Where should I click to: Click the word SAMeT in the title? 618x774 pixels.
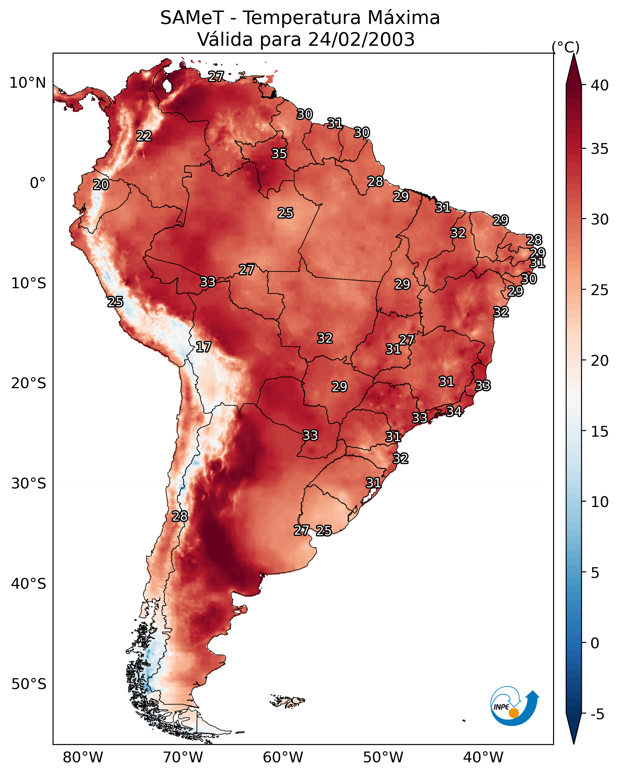192,18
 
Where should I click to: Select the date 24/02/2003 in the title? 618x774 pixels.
361,40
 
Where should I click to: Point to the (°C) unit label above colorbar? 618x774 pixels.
566,47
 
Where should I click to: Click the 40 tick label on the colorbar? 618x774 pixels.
600,85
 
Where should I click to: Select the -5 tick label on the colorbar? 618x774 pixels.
597,714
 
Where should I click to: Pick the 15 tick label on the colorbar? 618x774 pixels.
600,432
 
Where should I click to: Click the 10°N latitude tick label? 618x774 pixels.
28,83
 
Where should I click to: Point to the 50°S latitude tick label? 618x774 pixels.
29,684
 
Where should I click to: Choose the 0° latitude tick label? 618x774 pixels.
38,183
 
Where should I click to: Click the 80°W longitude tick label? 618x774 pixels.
83,758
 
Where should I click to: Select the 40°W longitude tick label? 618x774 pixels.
483,758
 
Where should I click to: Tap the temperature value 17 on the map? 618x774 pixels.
204,347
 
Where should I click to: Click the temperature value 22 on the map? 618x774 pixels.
144,136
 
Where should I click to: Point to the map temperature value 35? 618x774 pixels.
279,154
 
